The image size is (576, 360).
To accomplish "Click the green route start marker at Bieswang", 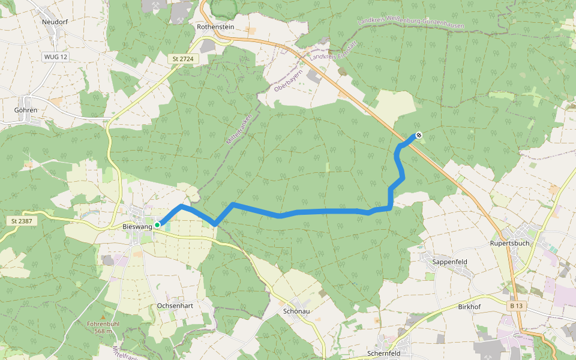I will pos(157,225).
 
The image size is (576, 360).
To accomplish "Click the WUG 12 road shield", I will pos(56,56).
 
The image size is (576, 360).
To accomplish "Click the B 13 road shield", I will pos(517,306).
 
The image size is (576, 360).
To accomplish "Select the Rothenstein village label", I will pos(215,27).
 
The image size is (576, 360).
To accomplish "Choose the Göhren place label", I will pos(26,110).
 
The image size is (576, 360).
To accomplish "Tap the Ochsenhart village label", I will pos(175,305).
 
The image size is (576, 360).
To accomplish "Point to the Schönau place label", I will pos(296,311).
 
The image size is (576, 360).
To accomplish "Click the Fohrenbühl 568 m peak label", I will pos(100,327).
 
